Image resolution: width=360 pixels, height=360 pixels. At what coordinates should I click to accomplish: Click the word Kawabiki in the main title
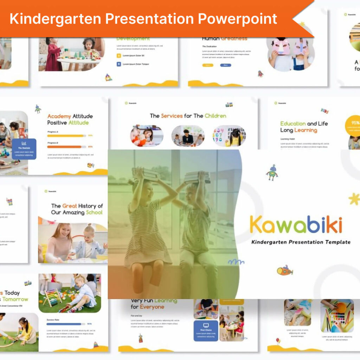[x=296, y=225]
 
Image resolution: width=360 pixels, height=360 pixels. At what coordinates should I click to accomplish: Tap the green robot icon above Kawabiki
[x=271, y=172]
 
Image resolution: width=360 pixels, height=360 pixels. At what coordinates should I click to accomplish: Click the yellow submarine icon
[x=284, y=270]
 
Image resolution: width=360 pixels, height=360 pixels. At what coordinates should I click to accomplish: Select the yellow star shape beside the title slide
[x=354, y=199]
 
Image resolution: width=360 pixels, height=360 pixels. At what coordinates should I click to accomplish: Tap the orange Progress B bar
[x=65, y=147]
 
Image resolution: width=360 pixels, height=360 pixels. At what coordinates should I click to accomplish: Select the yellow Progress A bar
[x=65, y=135]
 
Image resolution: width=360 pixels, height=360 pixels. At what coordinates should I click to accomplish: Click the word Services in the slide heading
[x=172, y=116]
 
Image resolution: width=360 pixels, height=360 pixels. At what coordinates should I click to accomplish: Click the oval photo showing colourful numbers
[x=229, y=136]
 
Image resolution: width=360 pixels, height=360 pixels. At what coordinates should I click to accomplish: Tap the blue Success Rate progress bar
[x=64, y=324]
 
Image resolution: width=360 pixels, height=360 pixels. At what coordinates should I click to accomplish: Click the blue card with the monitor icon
[x=206, y=330]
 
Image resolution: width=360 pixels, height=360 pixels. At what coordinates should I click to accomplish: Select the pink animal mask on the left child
[x=281, y=47]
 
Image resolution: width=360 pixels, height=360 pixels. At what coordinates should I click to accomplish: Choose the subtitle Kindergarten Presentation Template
[x=301, y=242]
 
